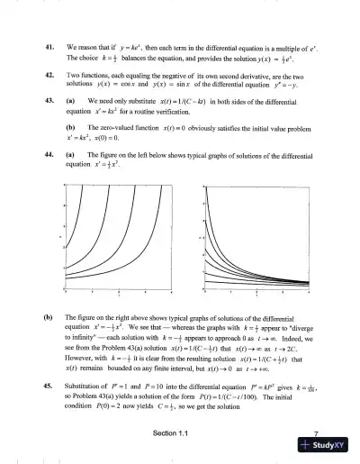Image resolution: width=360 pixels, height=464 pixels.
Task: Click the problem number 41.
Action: coord(48,44)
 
